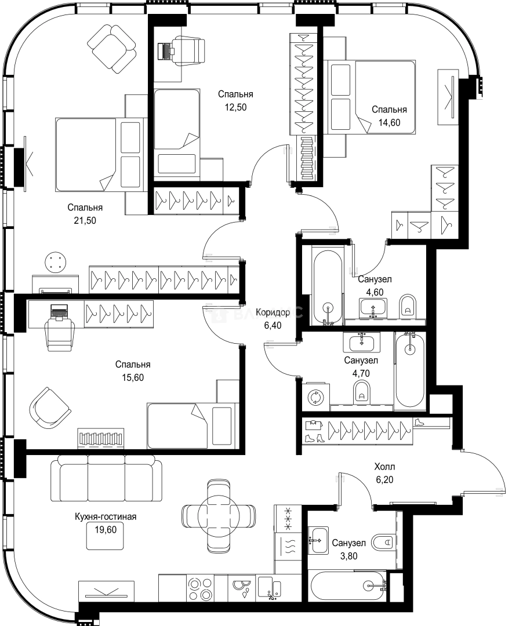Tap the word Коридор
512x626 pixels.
[273, 312]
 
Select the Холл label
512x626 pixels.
[384, 466]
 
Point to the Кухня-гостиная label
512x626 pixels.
[106, 516]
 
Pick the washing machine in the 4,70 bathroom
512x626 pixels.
[317, 397]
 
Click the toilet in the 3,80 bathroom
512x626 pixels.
[384, 543]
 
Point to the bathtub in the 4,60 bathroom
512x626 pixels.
[328, 287]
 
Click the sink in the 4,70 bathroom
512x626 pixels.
[362, 342]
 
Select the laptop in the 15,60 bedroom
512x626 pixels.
[59, 311]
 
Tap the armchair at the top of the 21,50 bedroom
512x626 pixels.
[112, 48]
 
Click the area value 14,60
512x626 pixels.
[390, 122]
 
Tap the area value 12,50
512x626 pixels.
[235, 107]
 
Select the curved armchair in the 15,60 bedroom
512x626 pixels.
[49, 408]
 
